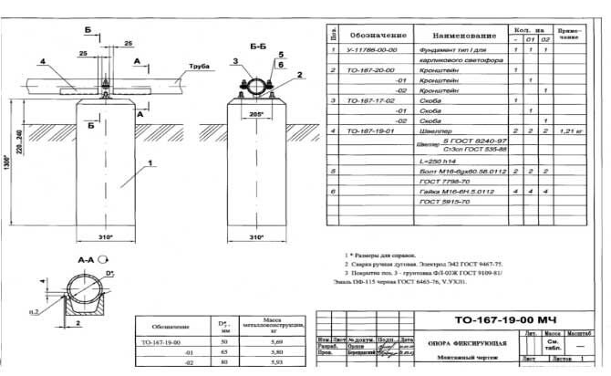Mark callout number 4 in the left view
click(x=42, y=62)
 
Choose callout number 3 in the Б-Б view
click(x=233, y=61)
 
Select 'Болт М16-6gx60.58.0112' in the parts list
click(x=455, y=170)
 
